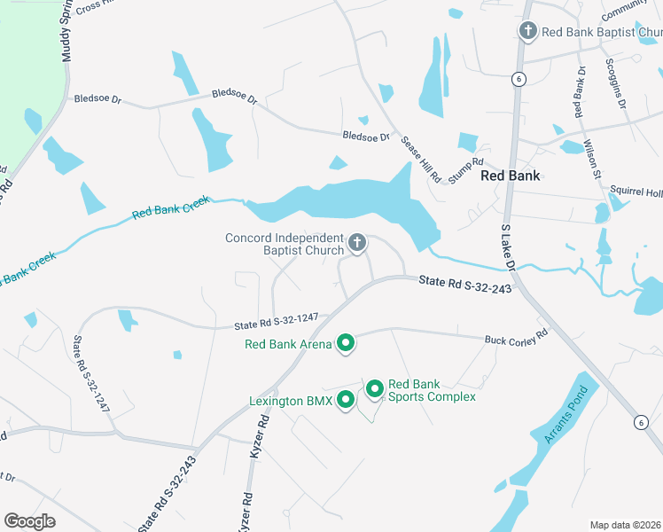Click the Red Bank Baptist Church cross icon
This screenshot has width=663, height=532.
[527, 32]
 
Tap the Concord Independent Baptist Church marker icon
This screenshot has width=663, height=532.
[357, 243]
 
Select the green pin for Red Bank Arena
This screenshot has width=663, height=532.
[346, 343]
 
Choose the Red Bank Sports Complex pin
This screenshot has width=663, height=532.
[374, 388]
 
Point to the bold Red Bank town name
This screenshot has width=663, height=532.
[511, 176]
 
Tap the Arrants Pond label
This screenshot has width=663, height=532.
[560, 414]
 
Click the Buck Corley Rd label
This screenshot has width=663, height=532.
[517, 340]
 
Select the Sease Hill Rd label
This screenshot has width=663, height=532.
[420, 160]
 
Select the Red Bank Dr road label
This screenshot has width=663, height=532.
[579, 92]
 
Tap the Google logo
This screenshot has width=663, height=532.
[30, 520]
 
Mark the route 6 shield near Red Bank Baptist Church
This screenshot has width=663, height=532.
[519, 80]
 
